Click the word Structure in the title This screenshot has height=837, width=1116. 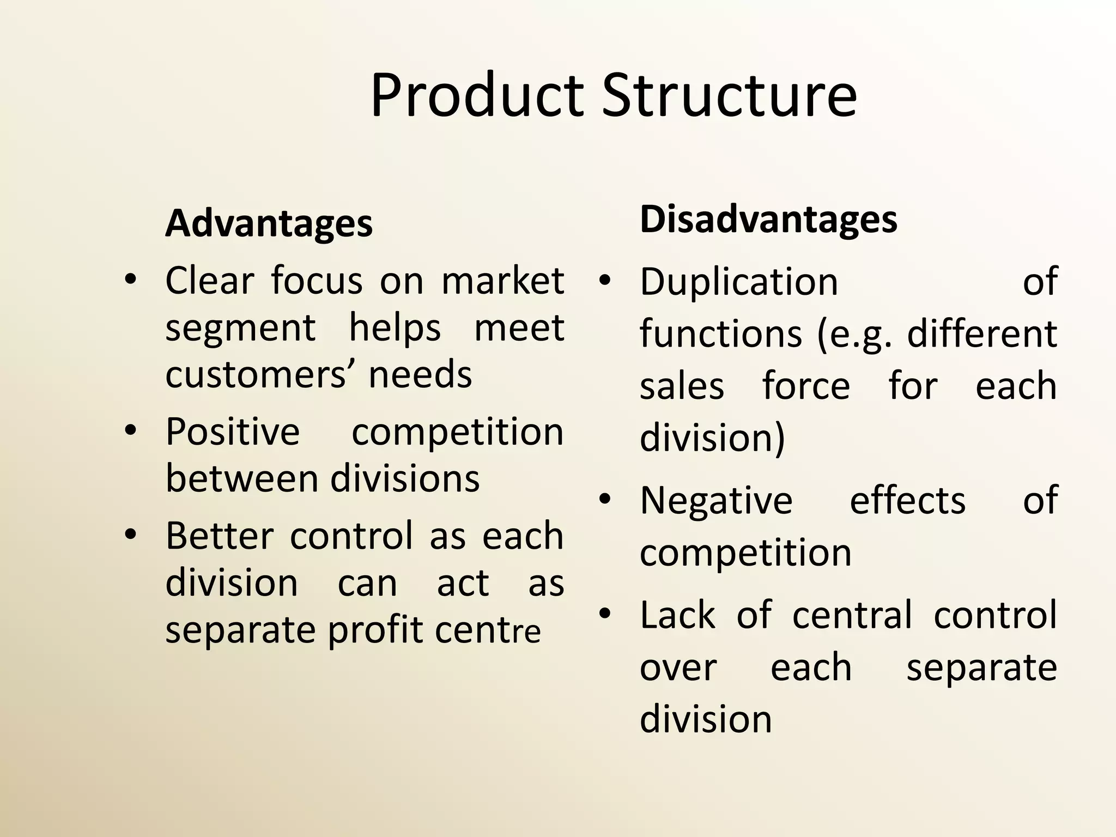point(730,96)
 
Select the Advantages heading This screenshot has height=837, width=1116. point(269,223)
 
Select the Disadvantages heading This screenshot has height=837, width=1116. point(768,219)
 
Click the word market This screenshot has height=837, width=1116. point(502,281)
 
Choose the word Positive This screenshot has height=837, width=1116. point(233,432)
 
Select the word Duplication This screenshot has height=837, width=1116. point(739,282)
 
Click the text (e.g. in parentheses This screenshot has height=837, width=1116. point(854,333)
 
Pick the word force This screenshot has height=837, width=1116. point(806,386)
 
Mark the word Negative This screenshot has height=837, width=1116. point(716,500)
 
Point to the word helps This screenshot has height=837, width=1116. point(395,328)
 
